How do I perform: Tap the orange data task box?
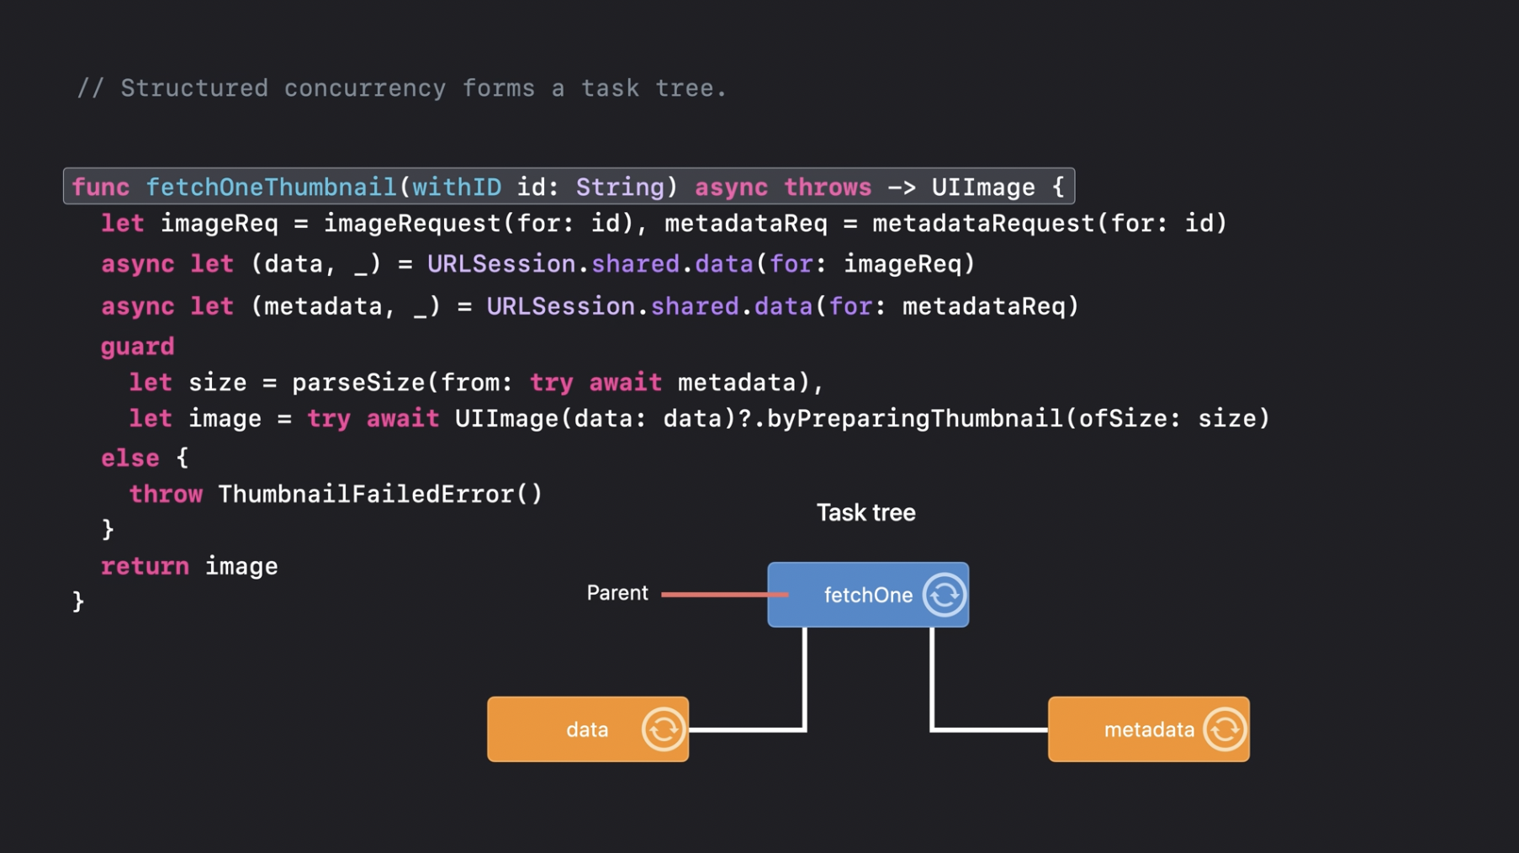tap(587, 729)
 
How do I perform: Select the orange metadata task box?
tap(1148, 729)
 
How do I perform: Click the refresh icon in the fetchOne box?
tap(944, 595)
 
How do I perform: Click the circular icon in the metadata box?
tap(1225, 729)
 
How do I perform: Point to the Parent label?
tap(617, 593)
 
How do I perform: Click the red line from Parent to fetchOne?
tap(723, 595)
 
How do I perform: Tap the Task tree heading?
tap(865, 513)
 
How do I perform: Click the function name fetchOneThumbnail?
tap(271, 187)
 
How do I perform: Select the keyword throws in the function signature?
tap(828, 187)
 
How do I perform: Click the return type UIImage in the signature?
tap(982, 187)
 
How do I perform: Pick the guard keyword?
tap(138, 347)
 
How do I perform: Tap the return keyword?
tap(145, 566)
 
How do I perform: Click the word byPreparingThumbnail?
tap(914, 418)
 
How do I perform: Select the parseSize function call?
tap(358, 383)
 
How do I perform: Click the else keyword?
tap(130, 458)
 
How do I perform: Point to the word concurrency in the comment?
tap(365, 88)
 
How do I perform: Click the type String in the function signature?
tap(619, 187)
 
